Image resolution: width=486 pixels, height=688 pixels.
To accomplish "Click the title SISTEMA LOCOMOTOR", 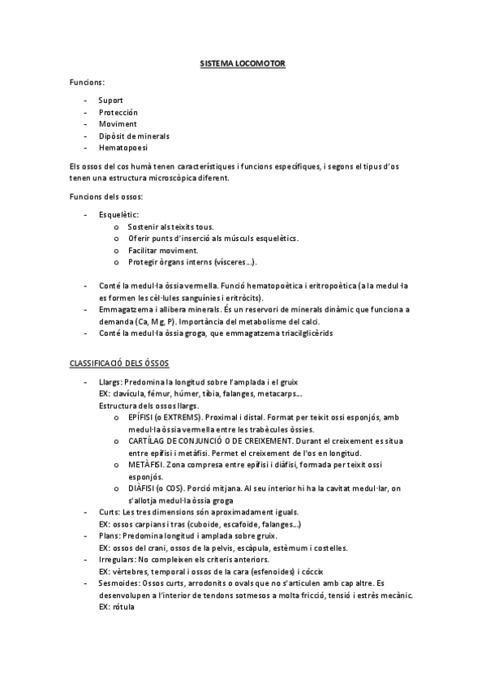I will [x=243, y=62].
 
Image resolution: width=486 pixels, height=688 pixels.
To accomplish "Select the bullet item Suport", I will [x=111, y=100].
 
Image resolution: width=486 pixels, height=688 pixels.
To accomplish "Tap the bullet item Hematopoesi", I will [x=123, y=148].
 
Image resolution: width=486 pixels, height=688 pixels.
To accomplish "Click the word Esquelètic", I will [x=118, y=214].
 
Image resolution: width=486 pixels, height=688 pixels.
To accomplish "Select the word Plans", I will [x=109, y=536].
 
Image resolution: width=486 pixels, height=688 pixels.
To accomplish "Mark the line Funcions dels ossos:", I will [x=106, y=197].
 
